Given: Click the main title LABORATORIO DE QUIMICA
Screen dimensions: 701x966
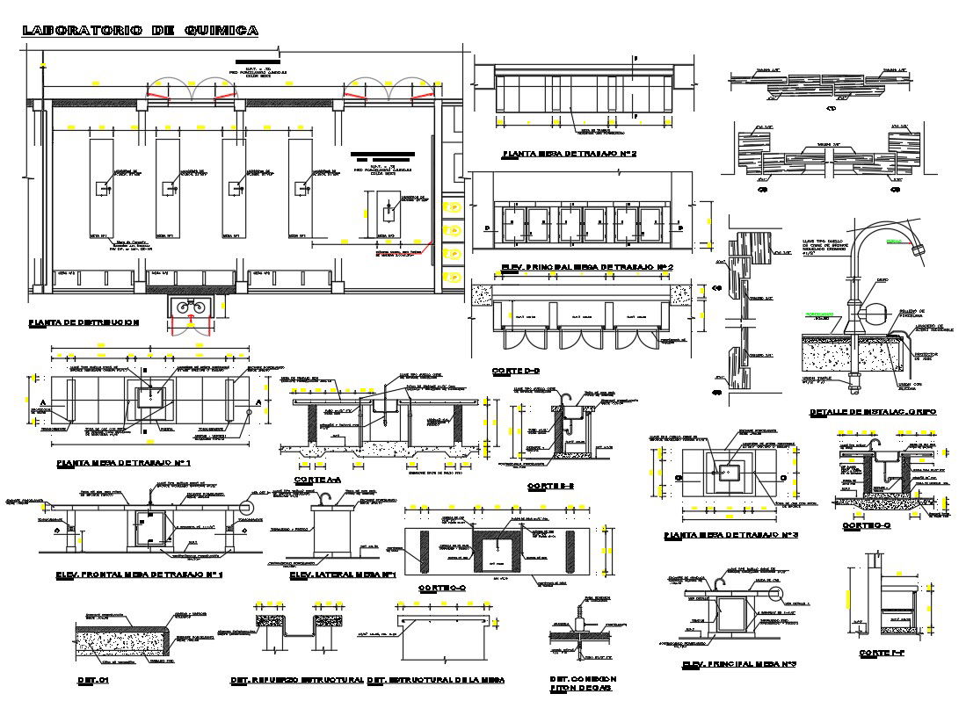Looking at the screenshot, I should [x=140, y=31].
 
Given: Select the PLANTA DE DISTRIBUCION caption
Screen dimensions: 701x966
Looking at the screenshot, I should [x=84, y=322].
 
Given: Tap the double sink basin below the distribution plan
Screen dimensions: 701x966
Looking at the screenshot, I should [x=192, y=307].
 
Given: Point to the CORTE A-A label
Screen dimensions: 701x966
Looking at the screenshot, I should [x=317, y=480].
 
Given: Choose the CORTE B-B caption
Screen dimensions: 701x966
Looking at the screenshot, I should [x=551, y=486].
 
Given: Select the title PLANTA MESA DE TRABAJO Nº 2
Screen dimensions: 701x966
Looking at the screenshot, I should [x=569, y=154].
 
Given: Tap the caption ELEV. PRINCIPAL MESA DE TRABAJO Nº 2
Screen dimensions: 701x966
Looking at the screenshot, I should [x=586, y=266].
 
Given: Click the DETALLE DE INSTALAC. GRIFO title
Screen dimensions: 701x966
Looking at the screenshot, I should [x=873, y=412].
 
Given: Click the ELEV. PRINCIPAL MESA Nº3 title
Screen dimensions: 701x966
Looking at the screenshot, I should [x=739, y=664].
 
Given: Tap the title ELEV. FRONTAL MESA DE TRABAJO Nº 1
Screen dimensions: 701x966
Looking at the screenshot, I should [x=139, y=575].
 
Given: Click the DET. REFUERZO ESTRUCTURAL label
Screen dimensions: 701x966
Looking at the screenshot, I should [x=296, y=680].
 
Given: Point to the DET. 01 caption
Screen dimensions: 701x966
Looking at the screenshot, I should [x=91, y=680].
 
